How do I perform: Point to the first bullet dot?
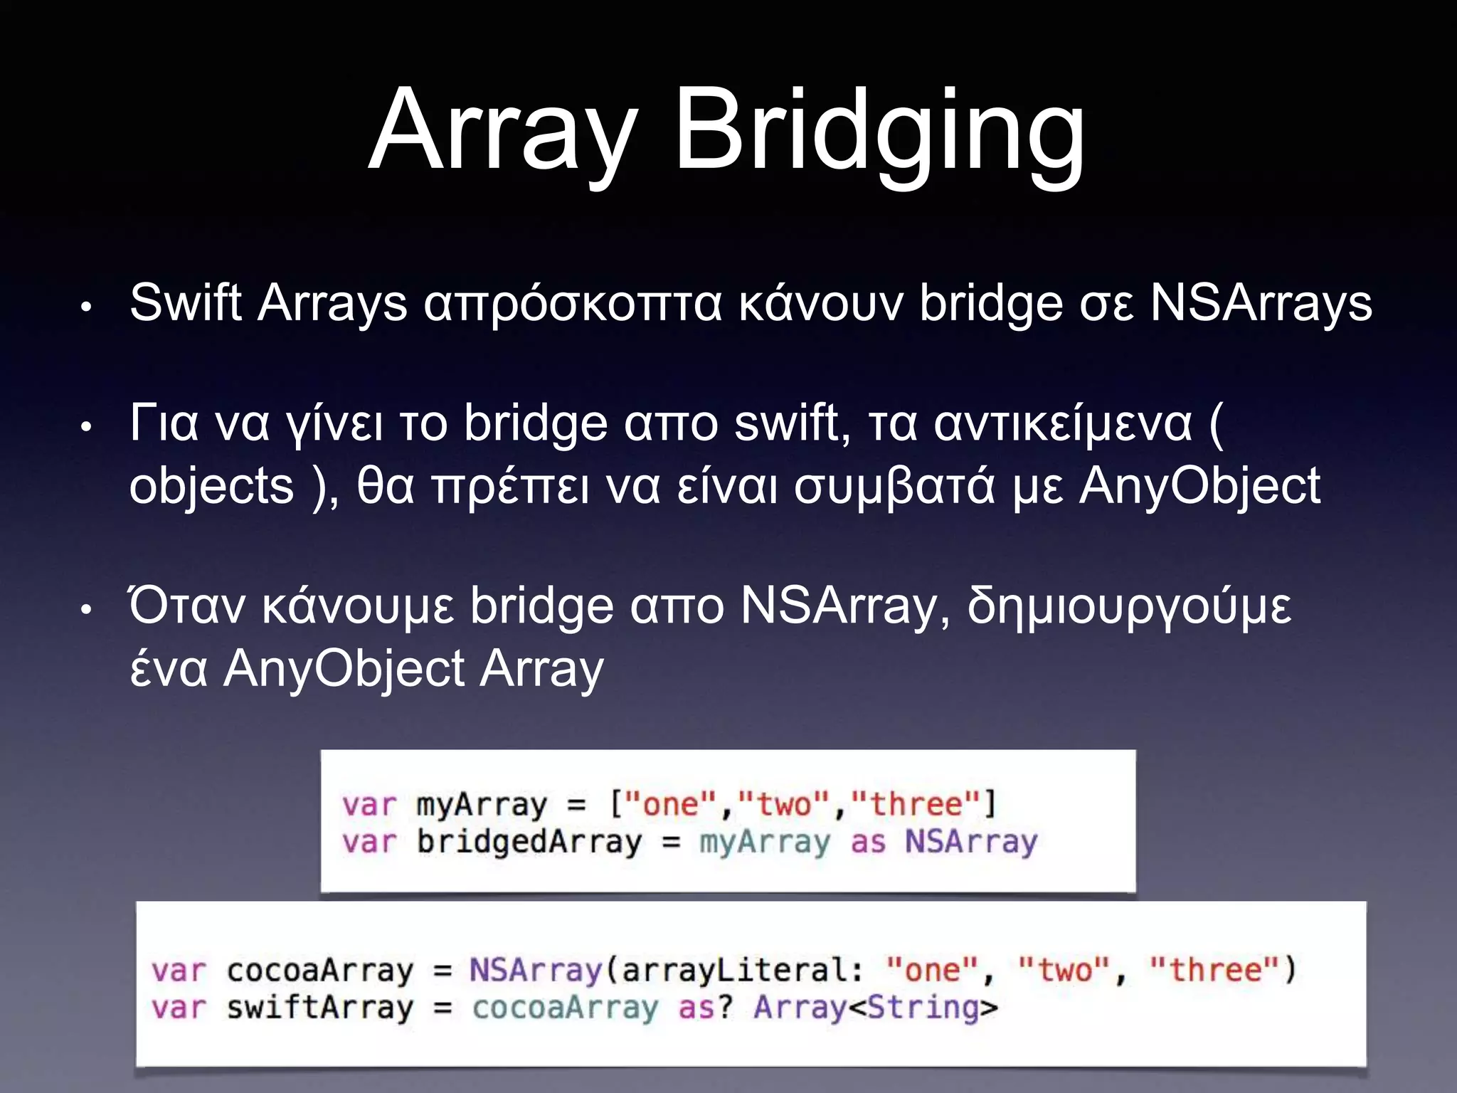86,308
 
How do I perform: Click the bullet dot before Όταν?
86,611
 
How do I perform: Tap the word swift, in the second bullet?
792,424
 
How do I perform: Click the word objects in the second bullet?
211,487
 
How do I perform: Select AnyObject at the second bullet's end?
1199,487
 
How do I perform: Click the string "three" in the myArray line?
916,805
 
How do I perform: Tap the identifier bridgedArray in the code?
529,843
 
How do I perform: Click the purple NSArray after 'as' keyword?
971,843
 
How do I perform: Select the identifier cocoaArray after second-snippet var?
319,971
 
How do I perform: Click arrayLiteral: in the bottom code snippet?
743,971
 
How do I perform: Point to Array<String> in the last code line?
876,1008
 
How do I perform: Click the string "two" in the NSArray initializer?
1064,971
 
